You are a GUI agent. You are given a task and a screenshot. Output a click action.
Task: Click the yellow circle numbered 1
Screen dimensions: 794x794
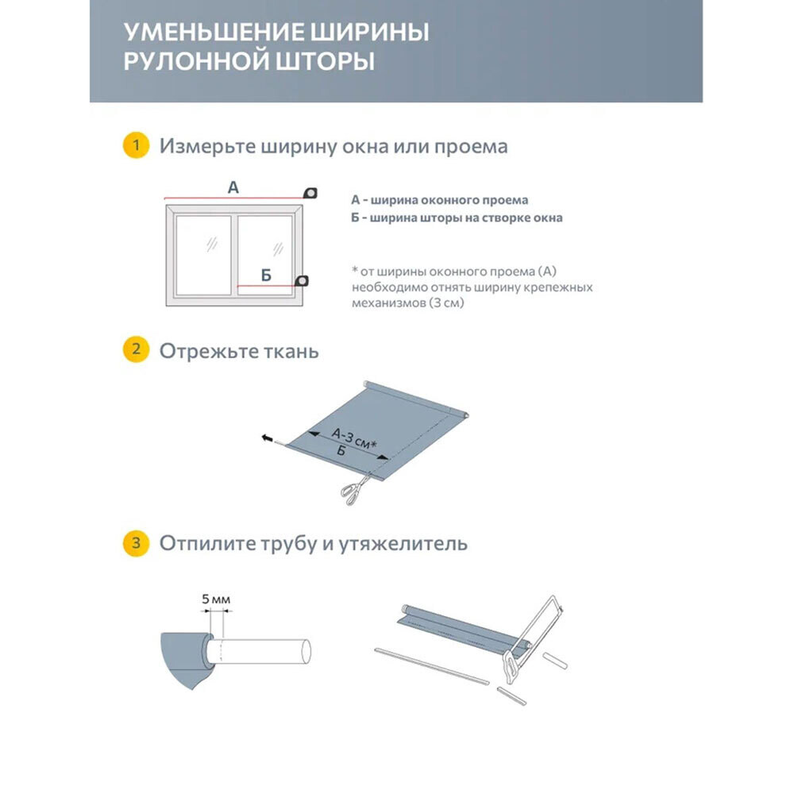[136, 146]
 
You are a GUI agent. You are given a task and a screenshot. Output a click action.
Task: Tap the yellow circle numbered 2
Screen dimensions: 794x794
[136, 350]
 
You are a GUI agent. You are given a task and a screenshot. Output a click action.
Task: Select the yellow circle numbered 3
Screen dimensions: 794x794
[136, 544]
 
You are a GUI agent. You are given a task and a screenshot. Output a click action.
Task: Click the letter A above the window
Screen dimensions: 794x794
[233, 187]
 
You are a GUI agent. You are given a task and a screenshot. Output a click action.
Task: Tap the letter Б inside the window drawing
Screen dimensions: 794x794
[266, 276]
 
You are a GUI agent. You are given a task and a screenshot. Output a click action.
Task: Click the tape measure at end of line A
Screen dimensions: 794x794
[310, 191]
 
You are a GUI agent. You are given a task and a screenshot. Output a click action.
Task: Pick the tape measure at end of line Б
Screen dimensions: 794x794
[302, 281]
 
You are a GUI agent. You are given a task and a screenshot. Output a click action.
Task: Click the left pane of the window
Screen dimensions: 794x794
[202, 252]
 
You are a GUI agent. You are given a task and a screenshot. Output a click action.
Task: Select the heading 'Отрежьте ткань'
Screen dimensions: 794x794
[239, 351]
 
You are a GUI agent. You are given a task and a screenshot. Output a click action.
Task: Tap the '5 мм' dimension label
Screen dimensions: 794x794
[216, 599]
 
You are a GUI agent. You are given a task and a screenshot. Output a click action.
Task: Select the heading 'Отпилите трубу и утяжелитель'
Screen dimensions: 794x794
[313, 544]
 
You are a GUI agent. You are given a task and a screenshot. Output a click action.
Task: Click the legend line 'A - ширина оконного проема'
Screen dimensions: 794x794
[439, 200]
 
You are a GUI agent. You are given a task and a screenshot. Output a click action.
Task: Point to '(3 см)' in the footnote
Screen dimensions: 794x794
[448, 303]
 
